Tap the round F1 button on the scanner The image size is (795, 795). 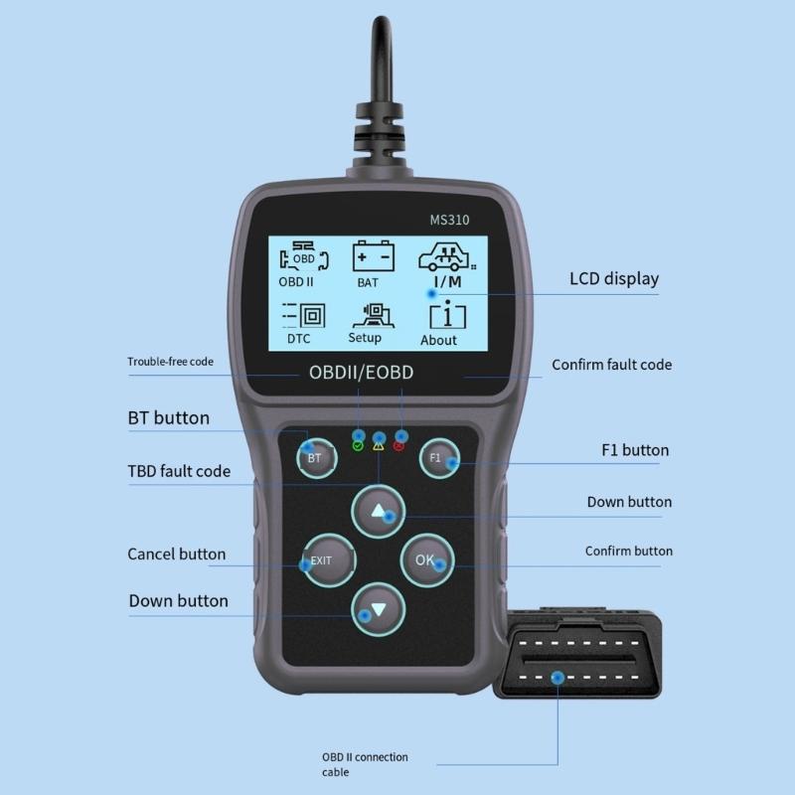click(436, 458)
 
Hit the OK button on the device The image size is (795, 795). click(426, 560)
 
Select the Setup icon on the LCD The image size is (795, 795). click(366, 321)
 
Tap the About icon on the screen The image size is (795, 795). click(438, 324)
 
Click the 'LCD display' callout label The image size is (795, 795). click(613, 278)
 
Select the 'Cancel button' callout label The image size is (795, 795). click(176, 554)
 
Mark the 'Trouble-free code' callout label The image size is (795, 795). click(170, 362)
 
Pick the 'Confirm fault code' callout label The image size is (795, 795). click(611, 365)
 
